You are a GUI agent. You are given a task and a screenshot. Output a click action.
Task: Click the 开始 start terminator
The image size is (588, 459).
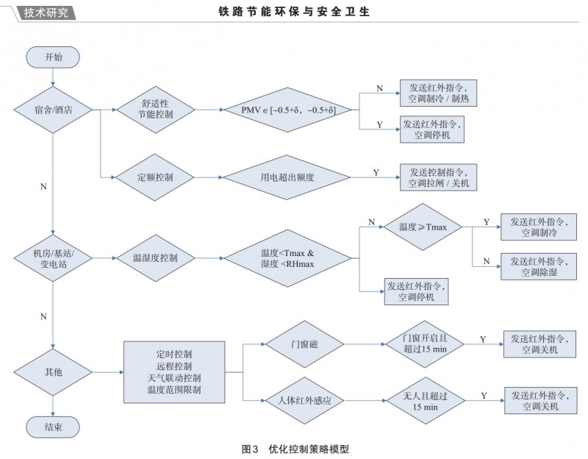tap(54, 57)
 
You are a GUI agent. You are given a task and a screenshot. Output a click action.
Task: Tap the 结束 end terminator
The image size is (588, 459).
tap(54, 426)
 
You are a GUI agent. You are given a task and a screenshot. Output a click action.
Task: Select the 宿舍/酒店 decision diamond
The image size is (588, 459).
tap(54, 110)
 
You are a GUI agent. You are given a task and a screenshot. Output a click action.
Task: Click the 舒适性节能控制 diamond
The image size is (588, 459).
tap(155, 110)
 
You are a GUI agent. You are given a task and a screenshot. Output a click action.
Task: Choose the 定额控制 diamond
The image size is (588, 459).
tap(155, 177)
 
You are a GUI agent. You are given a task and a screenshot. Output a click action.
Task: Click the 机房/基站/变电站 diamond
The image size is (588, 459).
tap(54, 259)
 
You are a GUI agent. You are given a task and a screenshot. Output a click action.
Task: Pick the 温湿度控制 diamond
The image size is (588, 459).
tap(155, 259)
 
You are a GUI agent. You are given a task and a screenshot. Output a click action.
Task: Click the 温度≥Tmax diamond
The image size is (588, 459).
tap(422, 227)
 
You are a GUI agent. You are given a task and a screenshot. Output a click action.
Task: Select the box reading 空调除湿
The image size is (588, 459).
tap(539, 267)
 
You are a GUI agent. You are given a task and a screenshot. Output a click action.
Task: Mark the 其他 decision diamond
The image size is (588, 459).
tap(54, 372)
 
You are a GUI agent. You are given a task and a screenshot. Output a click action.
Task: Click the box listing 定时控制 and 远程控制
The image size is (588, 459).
tap(174, 372)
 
